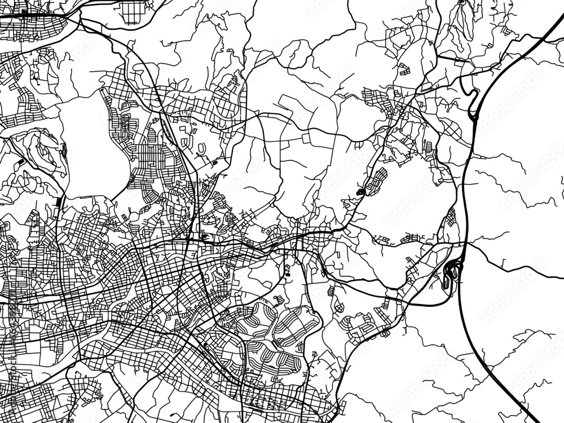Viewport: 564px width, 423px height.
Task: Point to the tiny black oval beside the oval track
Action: (214, 164)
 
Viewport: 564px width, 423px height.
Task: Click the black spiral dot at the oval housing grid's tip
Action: (361, 193)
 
